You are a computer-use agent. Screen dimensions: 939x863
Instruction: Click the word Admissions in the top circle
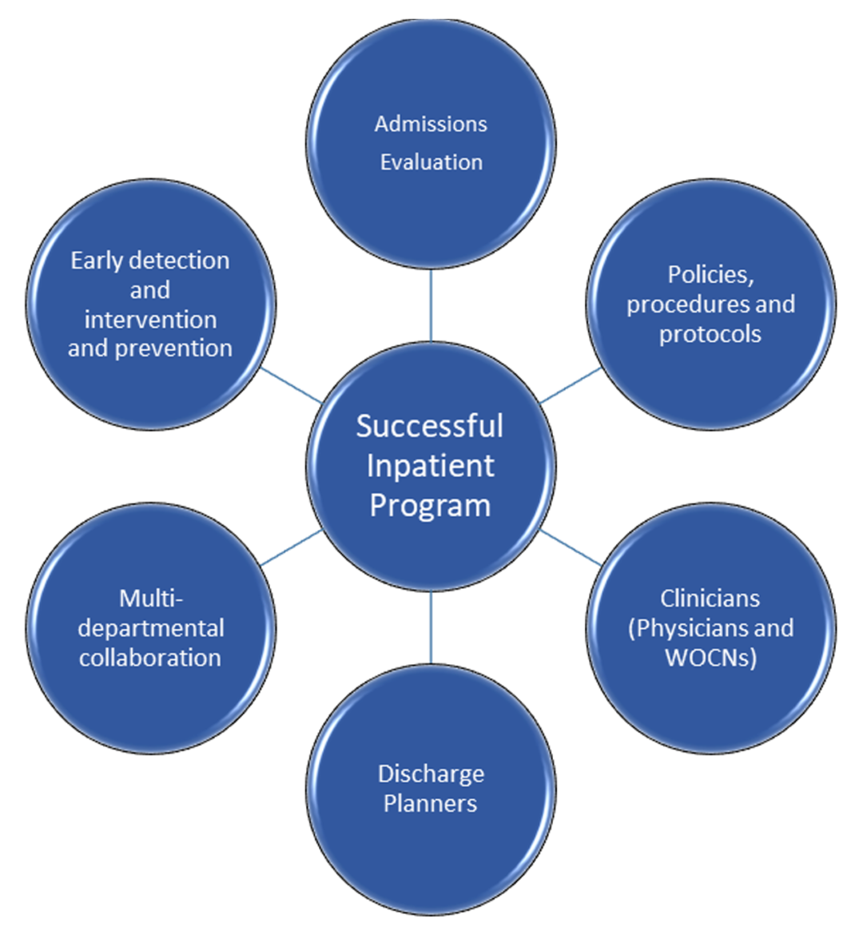pos(431,124)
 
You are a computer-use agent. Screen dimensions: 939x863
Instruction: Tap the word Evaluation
pos(431,162)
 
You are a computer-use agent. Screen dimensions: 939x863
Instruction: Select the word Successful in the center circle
pos(430,426)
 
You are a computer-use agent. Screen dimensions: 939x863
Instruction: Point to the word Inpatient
pos(430,466)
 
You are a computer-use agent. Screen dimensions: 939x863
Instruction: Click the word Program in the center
pos(430,505)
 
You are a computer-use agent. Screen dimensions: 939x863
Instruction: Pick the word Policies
pos(711,275)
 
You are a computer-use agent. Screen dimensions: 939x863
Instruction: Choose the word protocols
pos(710,334)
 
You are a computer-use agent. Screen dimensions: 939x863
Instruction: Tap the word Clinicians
pos(710,598)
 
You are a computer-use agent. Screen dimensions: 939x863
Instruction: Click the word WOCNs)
pos(710,658)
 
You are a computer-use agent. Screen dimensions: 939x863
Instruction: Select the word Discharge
pos(431,774)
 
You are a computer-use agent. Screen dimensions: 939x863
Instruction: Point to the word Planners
pos(430,803)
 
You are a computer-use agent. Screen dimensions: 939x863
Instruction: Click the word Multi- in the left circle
pos(151,598)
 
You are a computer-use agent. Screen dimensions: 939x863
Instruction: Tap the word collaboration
pos(150,658)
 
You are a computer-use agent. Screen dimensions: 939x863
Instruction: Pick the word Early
pos(97,261)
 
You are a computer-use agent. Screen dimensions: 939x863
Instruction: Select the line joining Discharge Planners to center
pos(431,627)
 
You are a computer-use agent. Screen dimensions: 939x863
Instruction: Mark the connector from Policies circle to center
pos(571,385)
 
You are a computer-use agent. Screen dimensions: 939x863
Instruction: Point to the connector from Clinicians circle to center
pos(571,547)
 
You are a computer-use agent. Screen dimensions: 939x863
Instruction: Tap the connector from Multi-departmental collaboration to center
pos(292,547)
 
